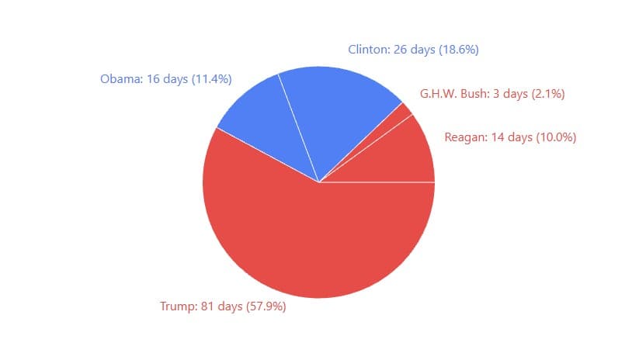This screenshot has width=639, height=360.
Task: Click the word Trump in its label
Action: tap(176, 306)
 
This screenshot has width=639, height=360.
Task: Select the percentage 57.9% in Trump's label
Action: tap(266, 306)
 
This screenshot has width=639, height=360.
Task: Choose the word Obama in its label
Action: tap(120, 79)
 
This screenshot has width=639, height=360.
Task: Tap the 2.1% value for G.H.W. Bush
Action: tap(547, 95)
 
